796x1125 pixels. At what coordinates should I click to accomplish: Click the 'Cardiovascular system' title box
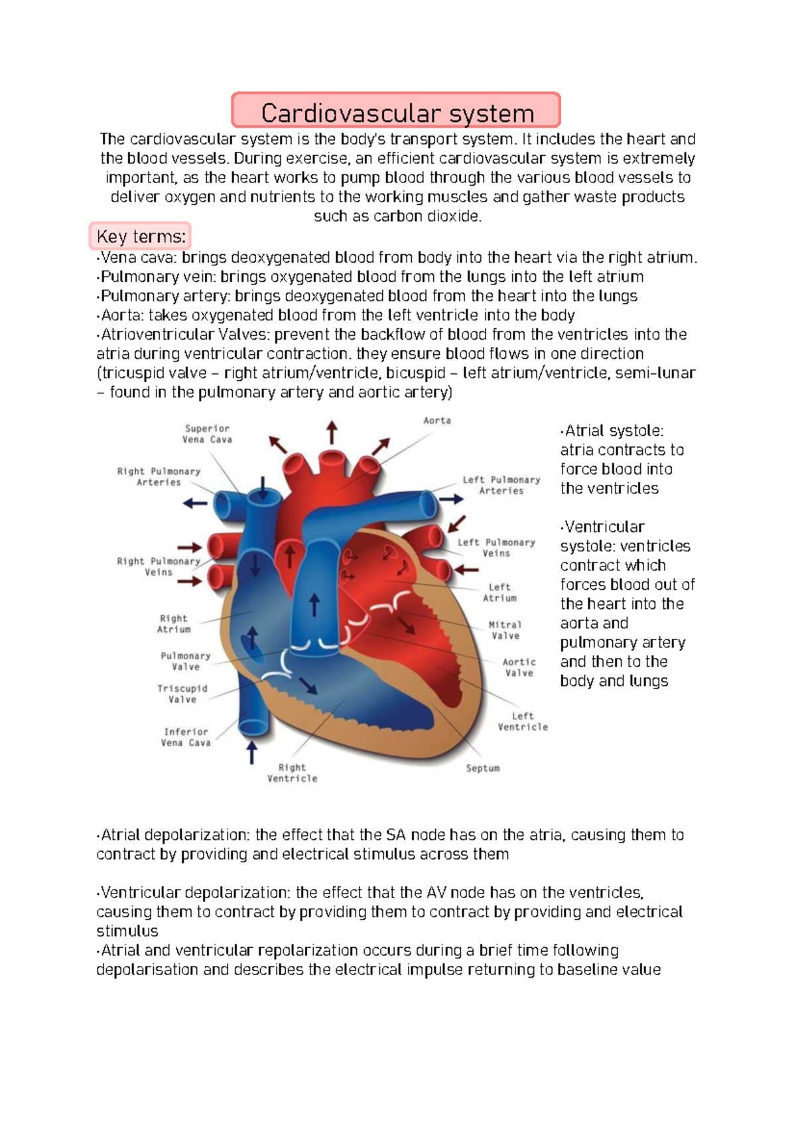tap(397, 111)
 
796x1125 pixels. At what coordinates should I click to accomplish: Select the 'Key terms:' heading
tap(141, 237)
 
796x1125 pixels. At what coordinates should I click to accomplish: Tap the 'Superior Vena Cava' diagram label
tap(207, 434)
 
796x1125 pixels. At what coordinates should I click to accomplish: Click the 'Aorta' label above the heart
tap(437, 421)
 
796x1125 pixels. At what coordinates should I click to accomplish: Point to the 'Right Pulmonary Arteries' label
tap(159, 477)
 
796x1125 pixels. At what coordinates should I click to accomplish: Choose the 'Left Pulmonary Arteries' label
tap(501, 485)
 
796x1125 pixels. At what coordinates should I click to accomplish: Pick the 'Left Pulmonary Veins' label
tap(496, 548)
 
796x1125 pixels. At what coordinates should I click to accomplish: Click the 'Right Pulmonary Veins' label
tap(159, 566)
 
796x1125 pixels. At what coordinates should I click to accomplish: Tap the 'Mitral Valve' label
tap(505, 630)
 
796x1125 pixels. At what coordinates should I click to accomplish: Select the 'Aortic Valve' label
tap(519, 667)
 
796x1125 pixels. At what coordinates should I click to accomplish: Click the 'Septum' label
tap(483, 768)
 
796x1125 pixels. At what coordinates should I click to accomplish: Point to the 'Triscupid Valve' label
tap(182, 694)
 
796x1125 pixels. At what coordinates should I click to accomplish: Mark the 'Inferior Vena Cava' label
tap(186, 737)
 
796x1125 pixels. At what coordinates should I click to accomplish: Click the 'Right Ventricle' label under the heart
tap(293, 773)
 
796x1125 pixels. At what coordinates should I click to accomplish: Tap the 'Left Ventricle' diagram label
tap(523, 722)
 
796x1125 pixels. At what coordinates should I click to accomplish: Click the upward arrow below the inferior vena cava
tap(252, 753)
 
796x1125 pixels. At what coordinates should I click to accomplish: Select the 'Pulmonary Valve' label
tap(186, 661)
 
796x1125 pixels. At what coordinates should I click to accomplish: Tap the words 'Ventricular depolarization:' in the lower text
tap(195, 893)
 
